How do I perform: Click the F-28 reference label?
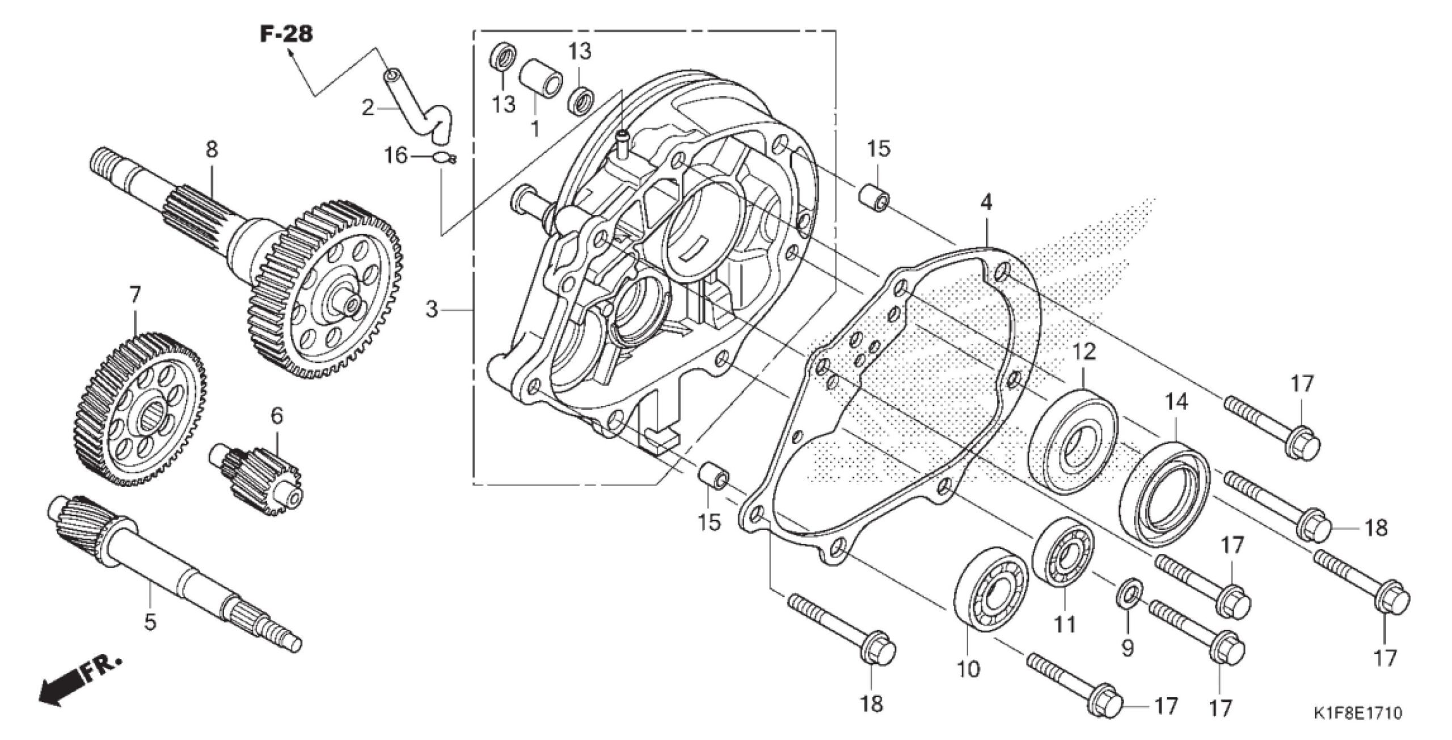(x=286, y=34)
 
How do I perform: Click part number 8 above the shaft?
(x=212, y=150)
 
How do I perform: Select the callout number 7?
(x=135, y=297)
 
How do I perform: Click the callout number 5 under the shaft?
(x=149, y=621)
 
